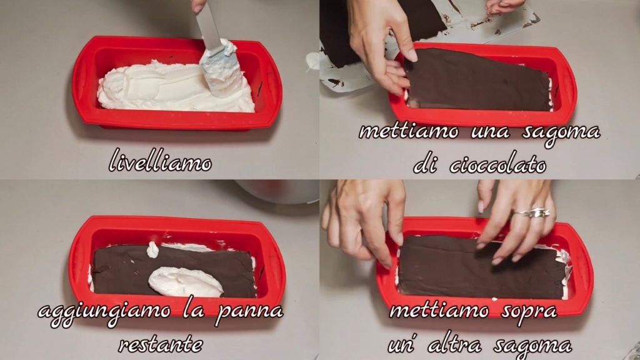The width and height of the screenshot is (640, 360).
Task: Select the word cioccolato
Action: [497, 165]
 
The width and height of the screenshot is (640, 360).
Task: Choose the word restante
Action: [161, 345]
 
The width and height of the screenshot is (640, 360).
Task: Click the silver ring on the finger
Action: [534, 213]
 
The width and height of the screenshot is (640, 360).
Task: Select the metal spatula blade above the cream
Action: [209, 25]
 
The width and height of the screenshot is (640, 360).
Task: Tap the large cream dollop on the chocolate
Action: [185, 282]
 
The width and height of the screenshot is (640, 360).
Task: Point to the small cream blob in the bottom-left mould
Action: [152, 249]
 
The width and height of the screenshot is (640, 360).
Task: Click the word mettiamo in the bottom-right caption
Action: [439, 311]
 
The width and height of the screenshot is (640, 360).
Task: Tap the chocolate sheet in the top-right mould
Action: [478, 80]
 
